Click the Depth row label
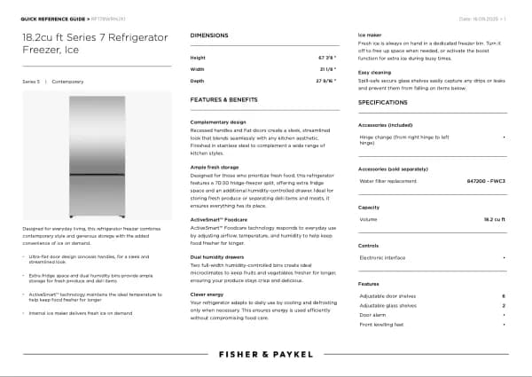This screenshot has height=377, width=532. click(197, 80)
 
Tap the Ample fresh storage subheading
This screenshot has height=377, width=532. click(215, 167)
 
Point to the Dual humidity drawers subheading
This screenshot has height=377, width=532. click(219, 256)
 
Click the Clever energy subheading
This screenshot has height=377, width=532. click(207, 294)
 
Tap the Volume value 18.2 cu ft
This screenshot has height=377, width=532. click(495, 218)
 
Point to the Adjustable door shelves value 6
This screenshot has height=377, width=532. click(503, 295)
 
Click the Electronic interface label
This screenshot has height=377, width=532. click(383, 257)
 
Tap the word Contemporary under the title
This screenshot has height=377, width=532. click(67, 81)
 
